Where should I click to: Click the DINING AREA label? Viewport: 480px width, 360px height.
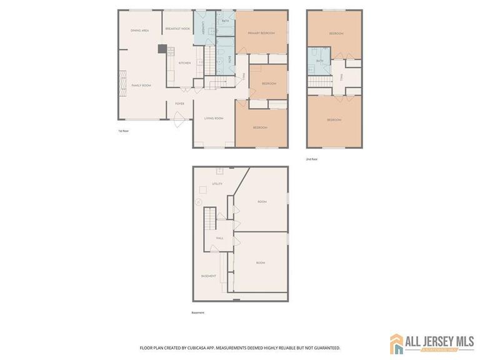coord(139,31)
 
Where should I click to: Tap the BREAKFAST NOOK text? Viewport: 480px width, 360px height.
coord(177,29)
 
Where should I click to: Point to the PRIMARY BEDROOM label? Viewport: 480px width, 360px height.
coord(261,33)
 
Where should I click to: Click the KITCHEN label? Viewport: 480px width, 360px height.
coord(184,63)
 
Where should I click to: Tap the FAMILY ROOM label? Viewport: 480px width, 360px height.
coord(141,86)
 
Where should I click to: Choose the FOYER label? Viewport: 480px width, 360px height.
coord(179,104)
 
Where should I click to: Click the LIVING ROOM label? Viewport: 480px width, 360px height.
coord(214,118)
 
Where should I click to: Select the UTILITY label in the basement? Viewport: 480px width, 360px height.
coord(217,184)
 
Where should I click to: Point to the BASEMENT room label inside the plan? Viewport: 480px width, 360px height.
coord(208,276)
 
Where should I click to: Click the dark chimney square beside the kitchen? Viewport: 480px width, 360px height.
coord(162,49)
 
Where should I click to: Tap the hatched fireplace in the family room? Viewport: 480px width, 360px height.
coord(123,81)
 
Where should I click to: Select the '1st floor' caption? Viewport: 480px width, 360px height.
coord(123,131)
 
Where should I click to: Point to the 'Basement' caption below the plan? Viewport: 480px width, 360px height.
coord(197,312)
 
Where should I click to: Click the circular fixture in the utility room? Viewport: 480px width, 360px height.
coord(198,201)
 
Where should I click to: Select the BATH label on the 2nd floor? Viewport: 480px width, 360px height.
coord(319,61)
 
